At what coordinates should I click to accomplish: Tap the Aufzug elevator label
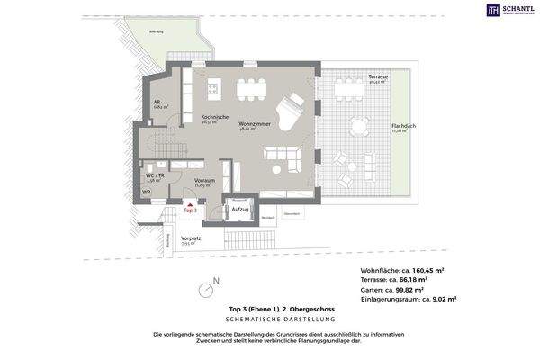239,208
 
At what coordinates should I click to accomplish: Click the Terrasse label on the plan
378,77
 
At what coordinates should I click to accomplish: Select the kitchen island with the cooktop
214,87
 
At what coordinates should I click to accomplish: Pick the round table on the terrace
361,126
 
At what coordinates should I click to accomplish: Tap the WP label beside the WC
146,191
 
